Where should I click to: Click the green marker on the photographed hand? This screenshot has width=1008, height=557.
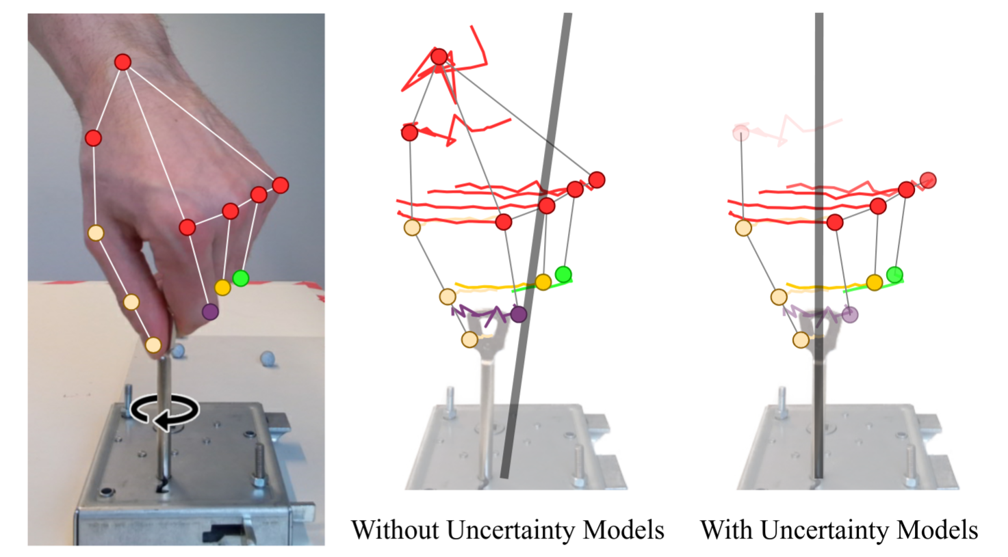point(240,278)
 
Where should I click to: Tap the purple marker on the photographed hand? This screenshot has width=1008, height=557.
point(210,312)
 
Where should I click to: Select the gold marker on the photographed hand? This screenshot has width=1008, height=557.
point(222,288)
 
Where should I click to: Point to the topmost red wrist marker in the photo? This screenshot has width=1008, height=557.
point(122,62)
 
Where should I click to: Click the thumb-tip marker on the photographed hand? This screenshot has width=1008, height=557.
point(153,345)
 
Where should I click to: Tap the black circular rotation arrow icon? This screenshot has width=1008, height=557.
point(165,412)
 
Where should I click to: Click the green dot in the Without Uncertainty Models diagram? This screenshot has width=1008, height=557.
point(563,275)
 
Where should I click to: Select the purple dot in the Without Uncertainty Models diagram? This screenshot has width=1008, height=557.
point(519,314)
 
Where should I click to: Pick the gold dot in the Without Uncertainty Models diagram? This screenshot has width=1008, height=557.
point(543,282)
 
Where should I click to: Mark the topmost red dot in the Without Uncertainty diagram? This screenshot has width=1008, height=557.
point(439,57)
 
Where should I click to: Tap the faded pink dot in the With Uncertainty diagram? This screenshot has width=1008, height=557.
point(740,133)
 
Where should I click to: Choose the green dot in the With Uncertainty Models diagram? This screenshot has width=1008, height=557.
point(894,275)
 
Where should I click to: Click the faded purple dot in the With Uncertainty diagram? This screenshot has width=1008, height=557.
point(850,315)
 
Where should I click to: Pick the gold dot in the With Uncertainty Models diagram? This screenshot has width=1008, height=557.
point(874,282)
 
